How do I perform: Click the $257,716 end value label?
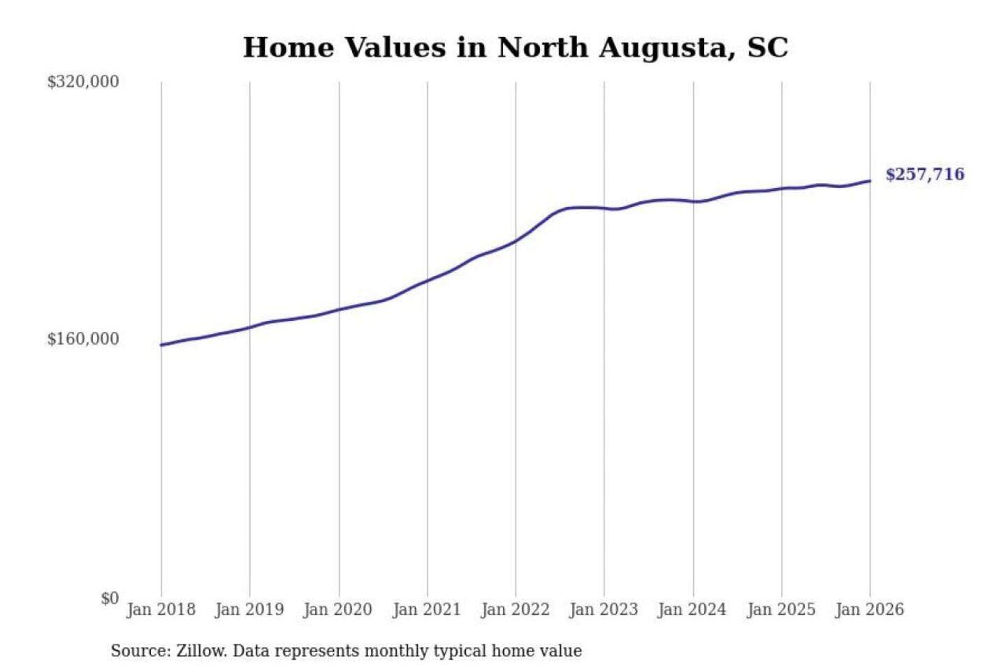(x=924, y=174)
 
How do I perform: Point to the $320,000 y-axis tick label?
(x=82, y=82)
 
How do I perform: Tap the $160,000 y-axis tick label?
(x=82, y=339)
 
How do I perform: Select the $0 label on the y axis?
(x=109, y=598)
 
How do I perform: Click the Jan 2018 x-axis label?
(x=161, y=609)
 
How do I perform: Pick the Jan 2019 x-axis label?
(x=249, y=609)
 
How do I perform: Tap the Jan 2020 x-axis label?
(x=338, y=609)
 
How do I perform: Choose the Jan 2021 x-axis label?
(x=427, y=609)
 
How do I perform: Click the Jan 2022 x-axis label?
(x=516, y=609)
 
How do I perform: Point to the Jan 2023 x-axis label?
(x=604, y=609)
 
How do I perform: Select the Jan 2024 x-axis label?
(x=692, y=609)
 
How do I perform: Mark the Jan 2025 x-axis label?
(x=781, y=609)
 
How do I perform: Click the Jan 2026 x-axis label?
(x=870, y=609)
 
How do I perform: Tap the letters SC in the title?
(x=768, y=48)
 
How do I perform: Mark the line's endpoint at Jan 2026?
(x=870, y=181)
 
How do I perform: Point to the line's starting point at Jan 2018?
(x=161, y=345)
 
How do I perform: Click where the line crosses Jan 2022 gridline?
(x=516, y=241)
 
